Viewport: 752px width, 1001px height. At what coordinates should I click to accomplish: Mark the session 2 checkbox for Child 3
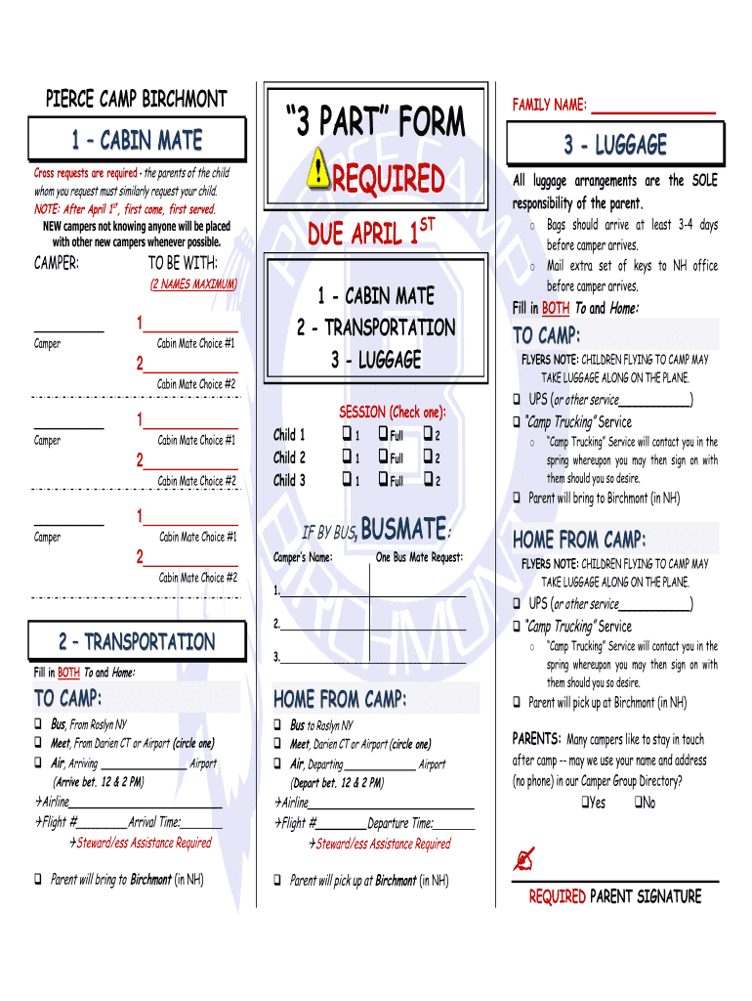click(x=427, y=480)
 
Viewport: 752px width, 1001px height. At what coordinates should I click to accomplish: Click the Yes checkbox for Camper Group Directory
click(x=584, y=803)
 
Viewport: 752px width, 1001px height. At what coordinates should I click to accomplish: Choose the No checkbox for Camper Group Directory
click(x=637, y=803)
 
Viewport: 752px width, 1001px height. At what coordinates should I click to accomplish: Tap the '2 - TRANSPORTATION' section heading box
click(x=136, y=642)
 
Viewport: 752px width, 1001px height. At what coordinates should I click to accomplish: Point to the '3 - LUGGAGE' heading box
click(x=615, y=146)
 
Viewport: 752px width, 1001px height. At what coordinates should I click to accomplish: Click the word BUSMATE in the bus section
click(x=404, y=530)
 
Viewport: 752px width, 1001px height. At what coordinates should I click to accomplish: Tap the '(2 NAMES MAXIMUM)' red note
click(x=193, y=283)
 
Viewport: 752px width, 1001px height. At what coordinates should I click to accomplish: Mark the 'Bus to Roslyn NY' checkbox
click(x=277, y=725)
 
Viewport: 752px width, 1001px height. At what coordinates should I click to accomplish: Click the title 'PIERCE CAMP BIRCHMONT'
click(x=136, y=100)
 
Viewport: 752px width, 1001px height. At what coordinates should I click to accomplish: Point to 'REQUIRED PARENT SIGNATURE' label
click(x=615, y=896)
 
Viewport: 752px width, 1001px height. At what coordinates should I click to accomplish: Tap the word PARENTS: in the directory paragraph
click(x=536, y=739)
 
